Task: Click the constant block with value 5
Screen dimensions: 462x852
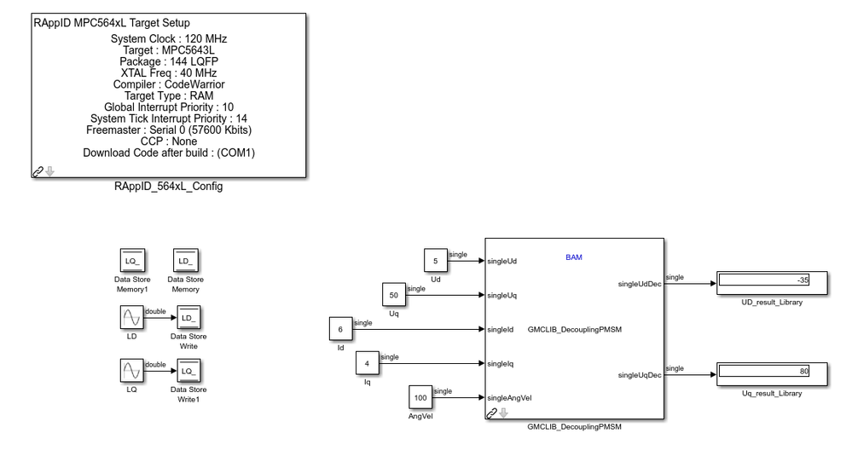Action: (436, 262)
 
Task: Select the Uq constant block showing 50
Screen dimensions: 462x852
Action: (394, 295)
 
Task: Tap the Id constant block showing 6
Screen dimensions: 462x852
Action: (340, 328)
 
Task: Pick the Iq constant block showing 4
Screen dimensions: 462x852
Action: (368, 362)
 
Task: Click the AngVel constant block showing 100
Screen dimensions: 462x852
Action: (420, 396)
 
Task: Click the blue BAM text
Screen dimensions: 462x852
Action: (574, 257)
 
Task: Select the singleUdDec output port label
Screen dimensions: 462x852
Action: (639, 284)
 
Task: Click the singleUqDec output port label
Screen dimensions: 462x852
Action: (639, 374)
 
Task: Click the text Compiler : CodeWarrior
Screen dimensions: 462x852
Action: (169, 84)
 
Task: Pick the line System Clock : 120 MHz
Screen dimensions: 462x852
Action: (169, 39)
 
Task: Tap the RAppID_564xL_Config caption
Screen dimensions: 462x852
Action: (168, 186)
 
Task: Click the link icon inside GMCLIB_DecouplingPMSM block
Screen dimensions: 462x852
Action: (491, 413)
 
